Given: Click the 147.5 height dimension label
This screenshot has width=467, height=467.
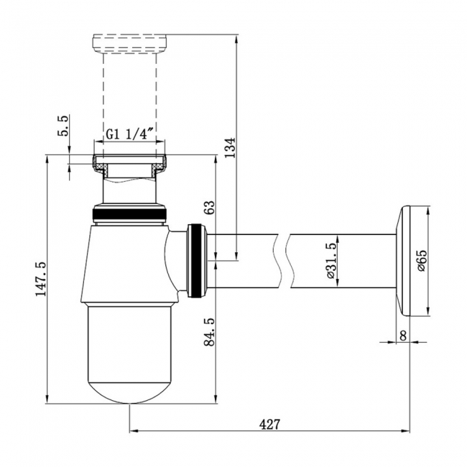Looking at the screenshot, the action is tap(41, 279).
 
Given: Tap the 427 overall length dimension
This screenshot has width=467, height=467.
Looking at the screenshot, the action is tap(270, 425).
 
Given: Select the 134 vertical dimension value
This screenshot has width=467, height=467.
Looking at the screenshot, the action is tap(230, 148).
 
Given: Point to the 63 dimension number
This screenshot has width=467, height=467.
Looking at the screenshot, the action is tap(209, 208).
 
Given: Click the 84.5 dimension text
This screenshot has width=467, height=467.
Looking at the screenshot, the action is tap(209, 332).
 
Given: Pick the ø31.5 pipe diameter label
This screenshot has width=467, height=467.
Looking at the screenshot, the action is tap(331, 259).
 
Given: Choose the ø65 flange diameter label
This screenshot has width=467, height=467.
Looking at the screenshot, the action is tap(422, 260).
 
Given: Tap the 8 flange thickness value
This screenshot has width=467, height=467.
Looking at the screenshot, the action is tap(403, 336).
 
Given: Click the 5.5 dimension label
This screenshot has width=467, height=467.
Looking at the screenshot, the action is tap(63, 126).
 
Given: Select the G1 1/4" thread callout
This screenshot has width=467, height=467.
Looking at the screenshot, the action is tap(129, 134).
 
